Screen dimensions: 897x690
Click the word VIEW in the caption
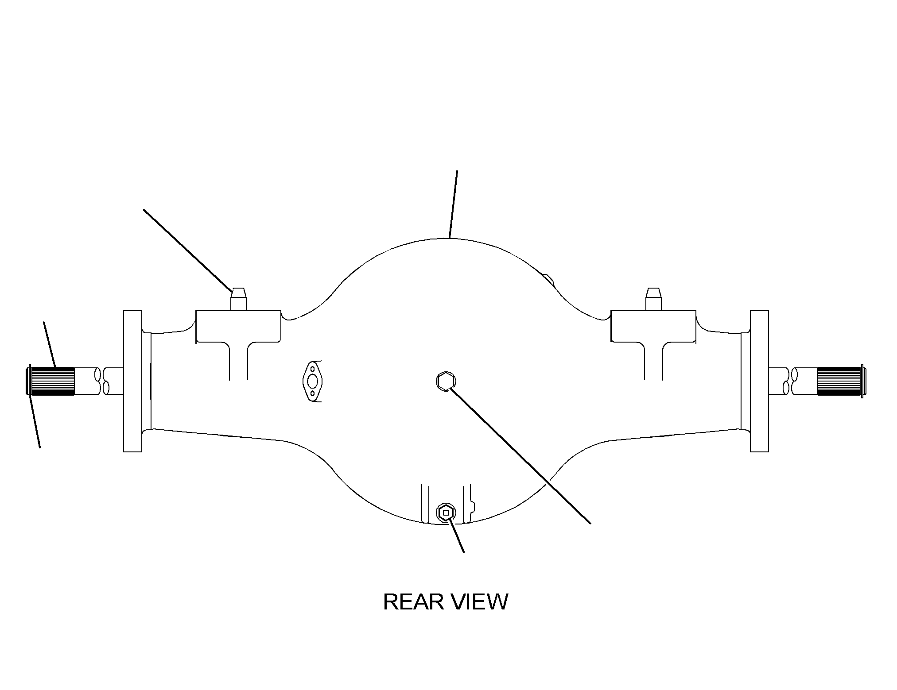click(x=479, y=602)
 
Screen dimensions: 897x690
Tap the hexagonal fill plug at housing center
click(x=447, y=381)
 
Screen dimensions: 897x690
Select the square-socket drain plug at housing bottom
click(x=446, y=513)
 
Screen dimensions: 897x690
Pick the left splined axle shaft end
click(x=51, y=381)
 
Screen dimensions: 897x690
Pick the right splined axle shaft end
click(x=840, y=381)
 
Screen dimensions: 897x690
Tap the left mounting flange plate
click(x=132, y=381)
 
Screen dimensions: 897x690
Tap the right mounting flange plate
click(x=759, y=381)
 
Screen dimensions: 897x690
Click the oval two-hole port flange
click(x=313, y=381)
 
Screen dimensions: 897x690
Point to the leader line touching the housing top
click(x=453, y=204)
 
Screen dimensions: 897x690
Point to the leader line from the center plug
click(x=520, y=455)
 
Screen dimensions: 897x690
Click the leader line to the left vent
click(x=188, y=250)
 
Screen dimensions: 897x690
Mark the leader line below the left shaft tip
click(x=35, y=421)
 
